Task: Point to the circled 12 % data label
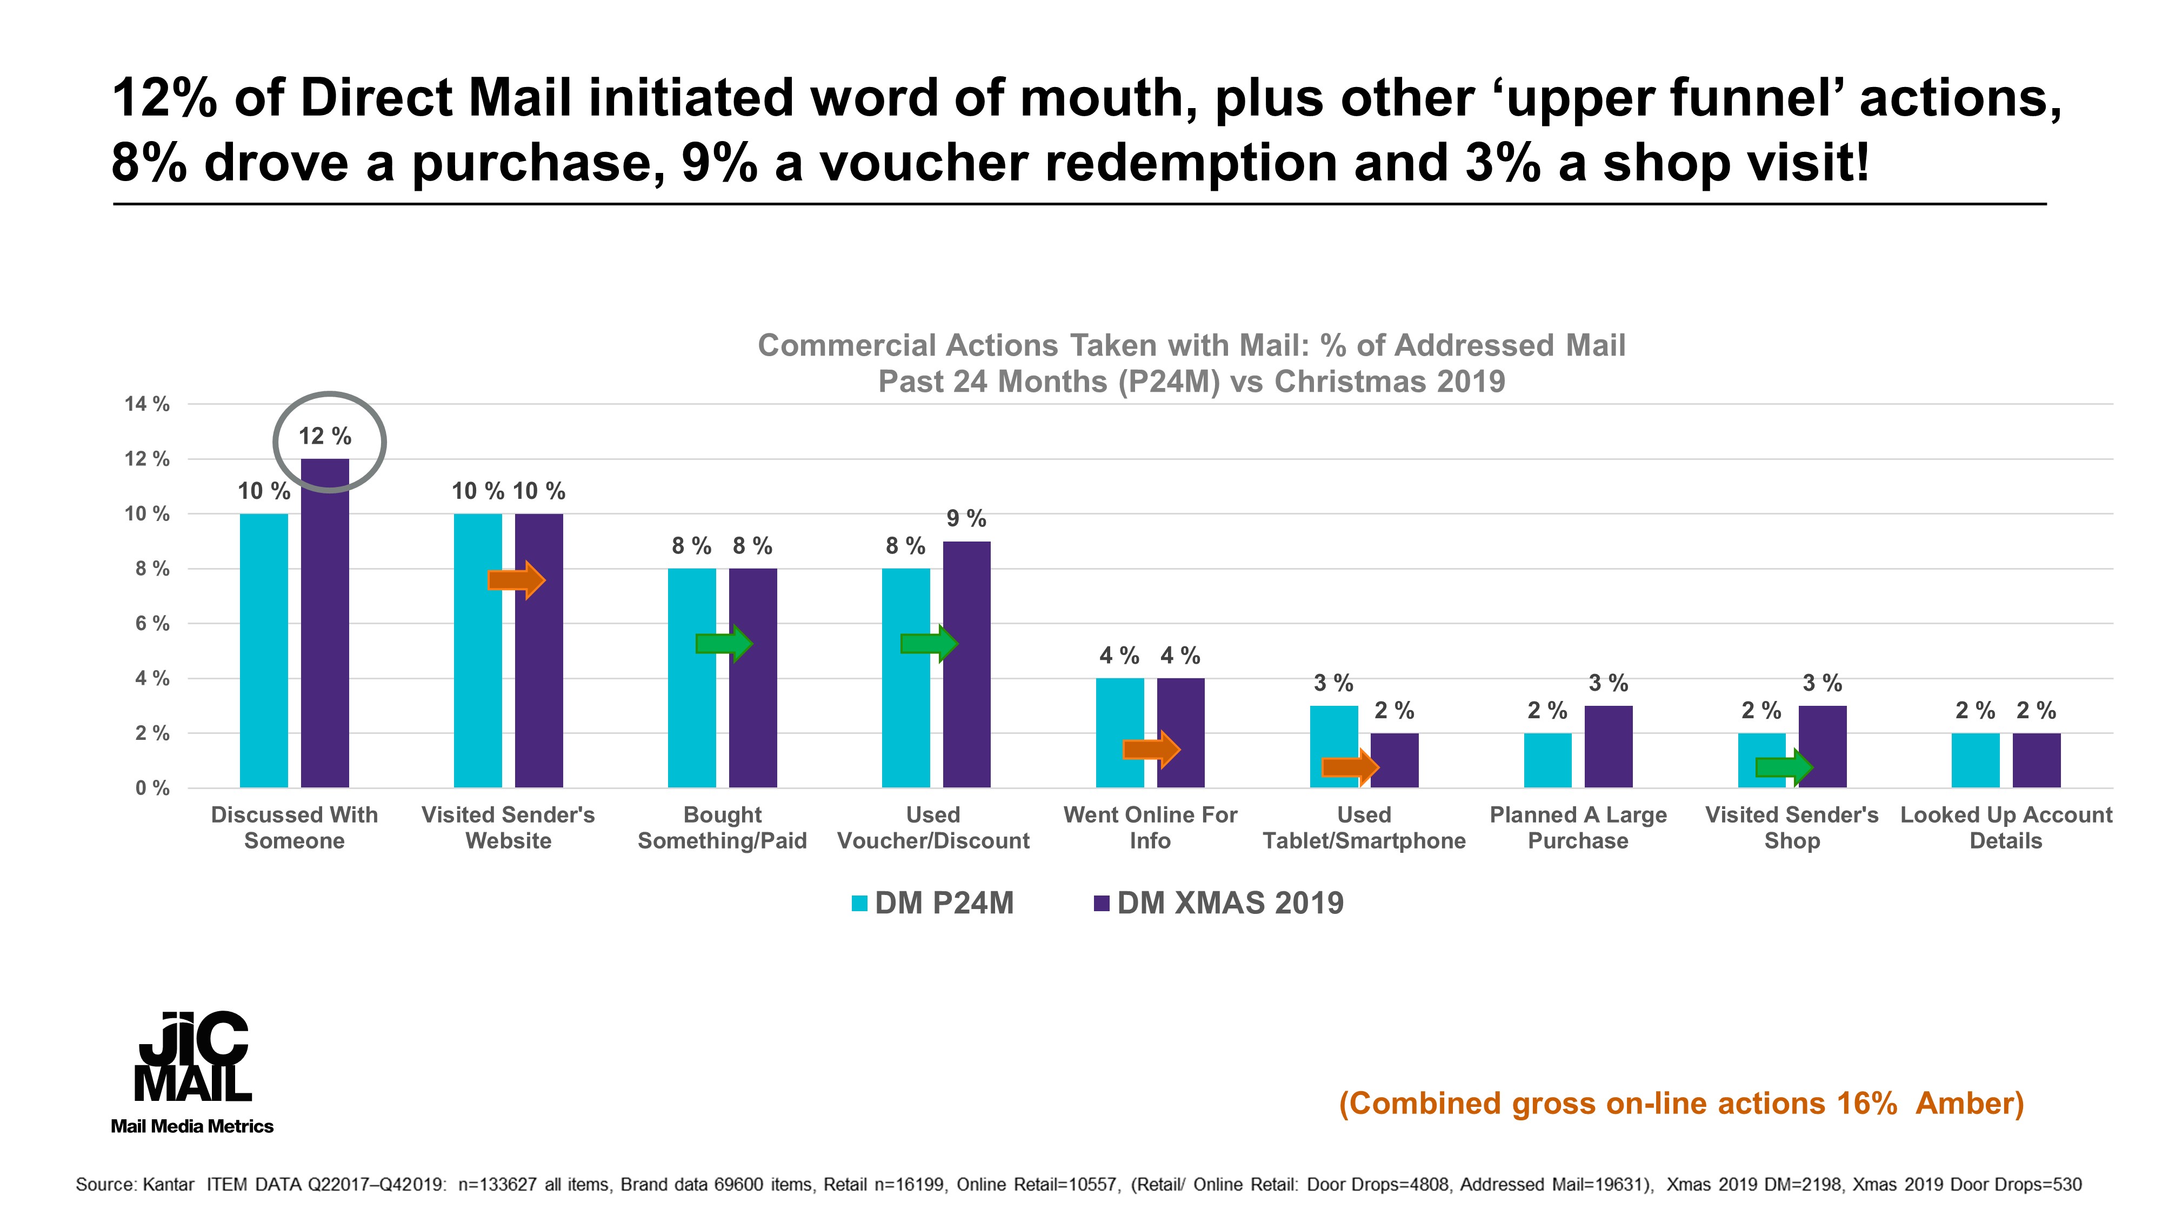point(325,436)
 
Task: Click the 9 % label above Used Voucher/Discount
point(966,519)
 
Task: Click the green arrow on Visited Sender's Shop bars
point(1784,767)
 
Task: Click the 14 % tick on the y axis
point(148,404)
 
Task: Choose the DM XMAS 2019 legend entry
point(1219,904)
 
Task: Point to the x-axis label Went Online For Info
point(1150,827)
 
